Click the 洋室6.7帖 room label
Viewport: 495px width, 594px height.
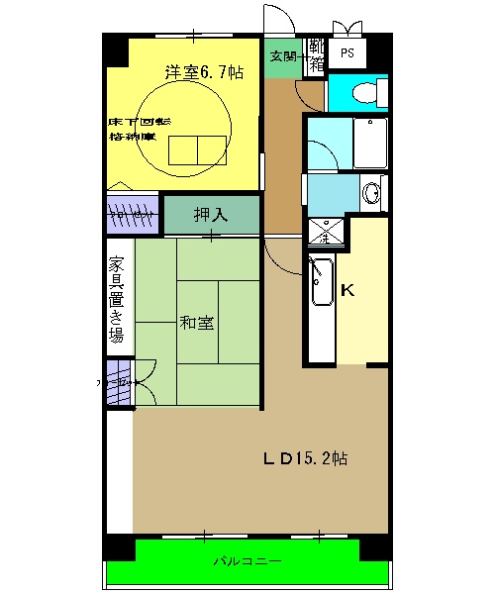(x=203, y=72)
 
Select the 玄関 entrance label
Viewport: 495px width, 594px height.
(x=284, y=55)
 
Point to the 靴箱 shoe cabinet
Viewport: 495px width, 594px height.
(x=316, y=55)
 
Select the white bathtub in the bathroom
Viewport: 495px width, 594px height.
(x=370, y=145)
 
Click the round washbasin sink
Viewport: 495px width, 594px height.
(x=372, y=193)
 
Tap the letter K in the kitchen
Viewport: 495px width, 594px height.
(x=347, y=290)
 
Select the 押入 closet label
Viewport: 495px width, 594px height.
(x=211, y=215)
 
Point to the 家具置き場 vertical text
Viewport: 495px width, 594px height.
(x=117, y=299)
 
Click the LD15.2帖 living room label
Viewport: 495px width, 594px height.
(x=303, y=458)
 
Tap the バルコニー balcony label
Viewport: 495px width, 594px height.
(x=247, y=561)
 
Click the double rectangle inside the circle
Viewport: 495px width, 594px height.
(x=198, y=148)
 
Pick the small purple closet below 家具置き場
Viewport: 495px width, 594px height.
(x=119, y=381)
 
